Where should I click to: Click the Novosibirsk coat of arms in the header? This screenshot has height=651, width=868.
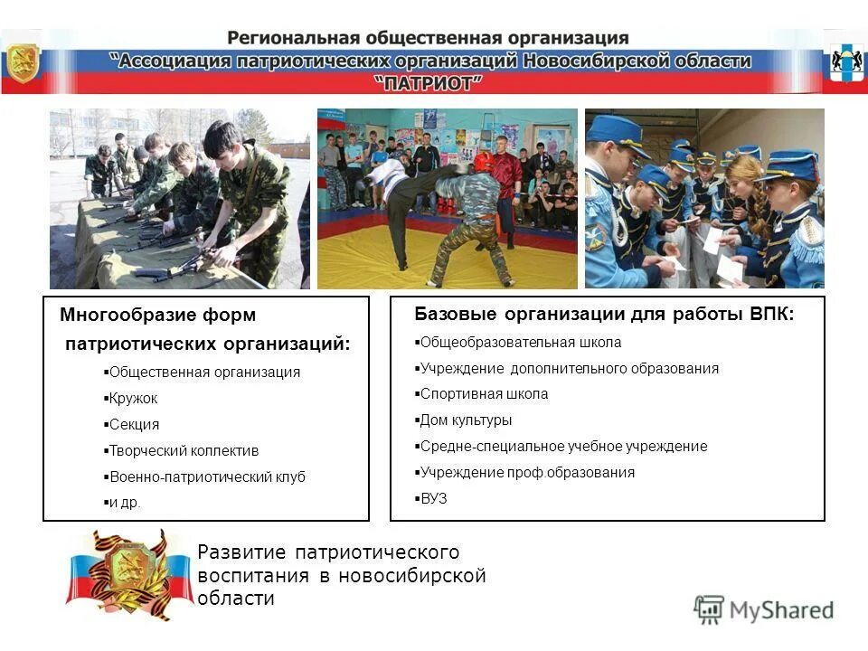(844, 61)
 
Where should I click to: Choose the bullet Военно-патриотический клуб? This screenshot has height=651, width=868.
(205, 476)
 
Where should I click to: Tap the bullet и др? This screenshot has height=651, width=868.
(123, 503)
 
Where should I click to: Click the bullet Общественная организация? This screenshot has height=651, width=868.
(203, 372)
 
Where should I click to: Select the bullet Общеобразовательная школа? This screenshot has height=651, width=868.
(519, 342)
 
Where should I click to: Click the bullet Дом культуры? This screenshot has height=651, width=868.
(464, 420)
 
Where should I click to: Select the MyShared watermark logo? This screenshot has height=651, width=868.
(764, 609)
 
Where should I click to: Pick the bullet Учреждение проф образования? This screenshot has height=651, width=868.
(525, 472)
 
